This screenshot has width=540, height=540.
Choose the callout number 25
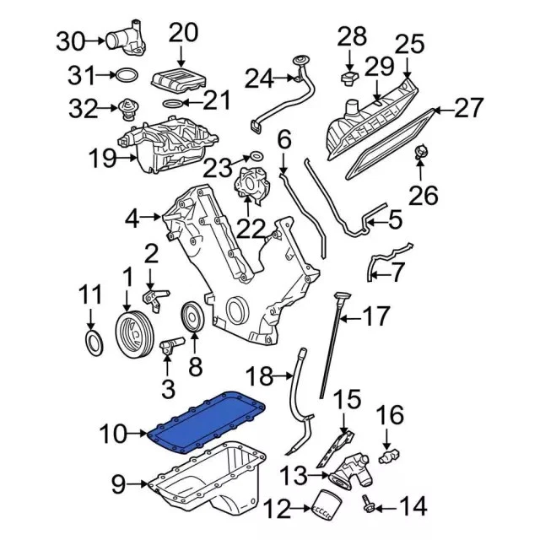pos(409,41)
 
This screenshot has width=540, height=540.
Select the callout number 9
pos(118,484)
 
